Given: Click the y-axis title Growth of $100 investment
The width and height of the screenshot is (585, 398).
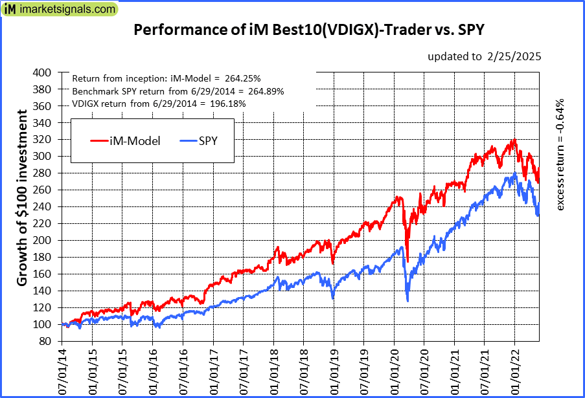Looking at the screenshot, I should click(x=22, y=198).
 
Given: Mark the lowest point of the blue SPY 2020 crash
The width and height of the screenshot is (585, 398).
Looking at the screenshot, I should click(x=407, y=301).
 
